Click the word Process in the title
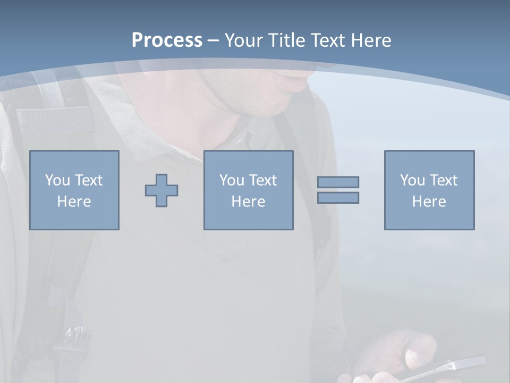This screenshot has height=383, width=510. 167,40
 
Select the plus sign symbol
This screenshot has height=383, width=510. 161,190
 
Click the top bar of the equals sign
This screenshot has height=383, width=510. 338,182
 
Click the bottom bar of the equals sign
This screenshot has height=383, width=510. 338,198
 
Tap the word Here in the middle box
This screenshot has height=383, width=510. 248,202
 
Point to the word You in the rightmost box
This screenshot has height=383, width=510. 412,180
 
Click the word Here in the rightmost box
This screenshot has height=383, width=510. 429,202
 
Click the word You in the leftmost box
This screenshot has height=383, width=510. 57,180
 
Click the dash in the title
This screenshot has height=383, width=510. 213,40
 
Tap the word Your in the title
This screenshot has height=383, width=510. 243,40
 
